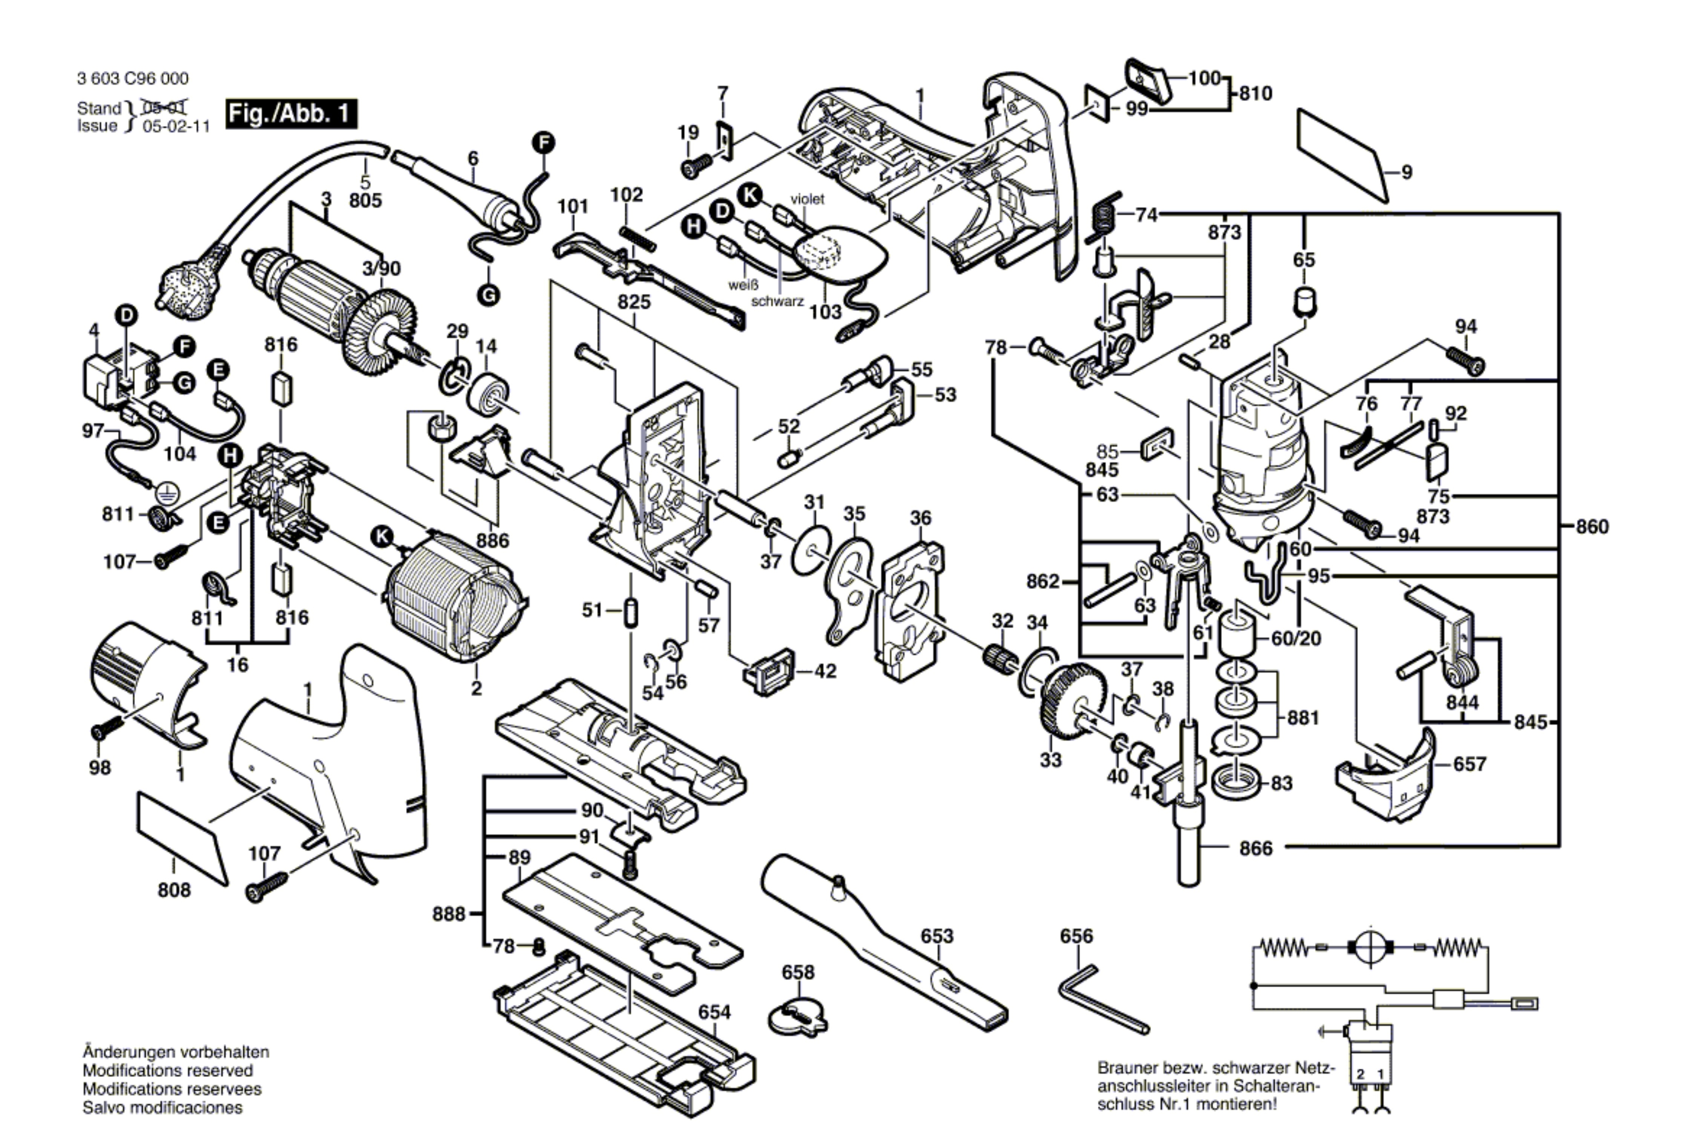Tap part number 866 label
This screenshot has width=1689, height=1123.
tap(1256, 849)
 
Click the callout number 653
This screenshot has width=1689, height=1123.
tap(936, 936)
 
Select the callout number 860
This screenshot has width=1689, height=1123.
tap(1592, 527)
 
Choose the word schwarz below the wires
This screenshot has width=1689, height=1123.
tap(777, 302)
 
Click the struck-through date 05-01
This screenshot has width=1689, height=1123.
tap(165, 108)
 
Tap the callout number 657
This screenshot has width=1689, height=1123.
tap(1469, 764)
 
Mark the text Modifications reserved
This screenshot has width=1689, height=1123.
tap(167, 1071)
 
